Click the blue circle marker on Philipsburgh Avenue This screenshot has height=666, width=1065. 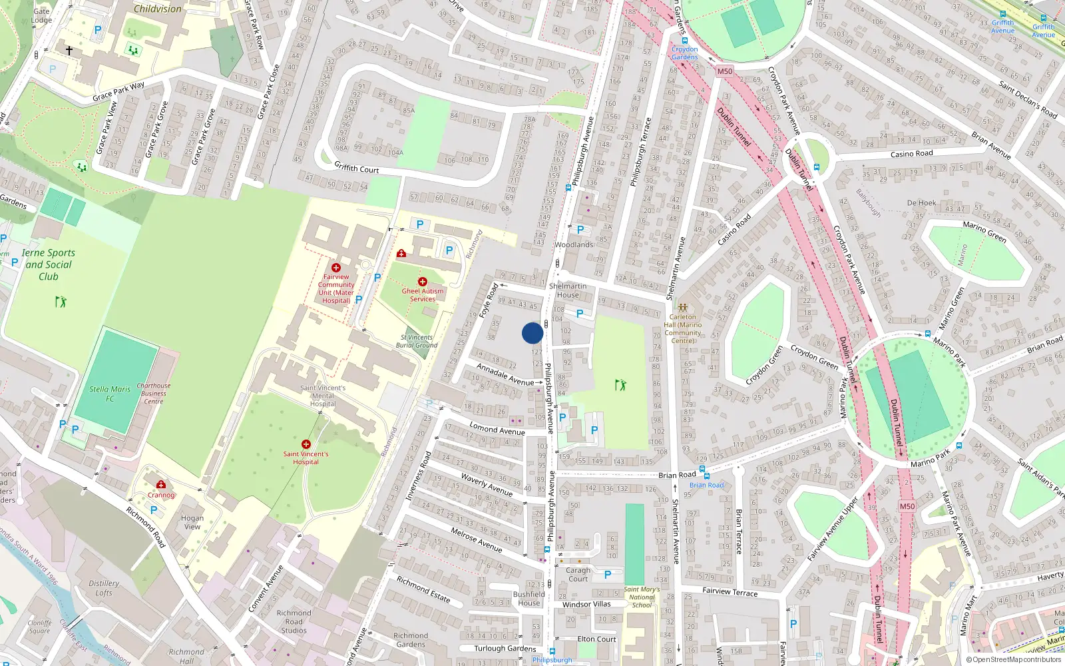[532, 333]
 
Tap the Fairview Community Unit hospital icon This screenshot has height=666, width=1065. [336, 268]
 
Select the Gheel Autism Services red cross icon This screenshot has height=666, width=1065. [422, 282]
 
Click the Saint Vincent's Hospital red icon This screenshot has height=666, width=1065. [306, 444]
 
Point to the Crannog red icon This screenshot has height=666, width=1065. [161, 485]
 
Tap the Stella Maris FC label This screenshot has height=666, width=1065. [110, 394]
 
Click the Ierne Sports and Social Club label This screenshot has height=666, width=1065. [48, 264]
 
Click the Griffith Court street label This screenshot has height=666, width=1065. [357, 168]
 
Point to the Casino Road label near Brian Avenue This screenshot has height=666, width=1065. [912, 154]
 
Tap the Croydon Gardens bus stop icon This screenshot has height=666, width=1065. [684, 41]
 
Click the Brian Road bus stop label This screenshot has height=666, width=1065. [706, 485]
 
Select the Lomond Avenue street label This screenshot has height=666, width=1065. [497, 430]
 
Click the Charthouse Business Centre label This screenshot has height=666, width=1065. [154, 394]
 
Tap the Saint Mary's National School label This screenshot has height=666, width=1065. [642, 597]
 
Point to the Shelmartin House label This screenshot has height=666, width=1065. [568, 290]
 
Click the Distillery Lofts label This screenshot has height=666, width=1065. [104, 588]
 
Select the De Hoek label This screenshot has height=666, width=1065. [921, 203]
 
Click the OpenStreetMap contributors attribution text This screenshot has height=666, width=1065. [1014, 659]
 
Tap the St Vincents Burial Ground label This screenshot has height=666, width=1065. [417, 341]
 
